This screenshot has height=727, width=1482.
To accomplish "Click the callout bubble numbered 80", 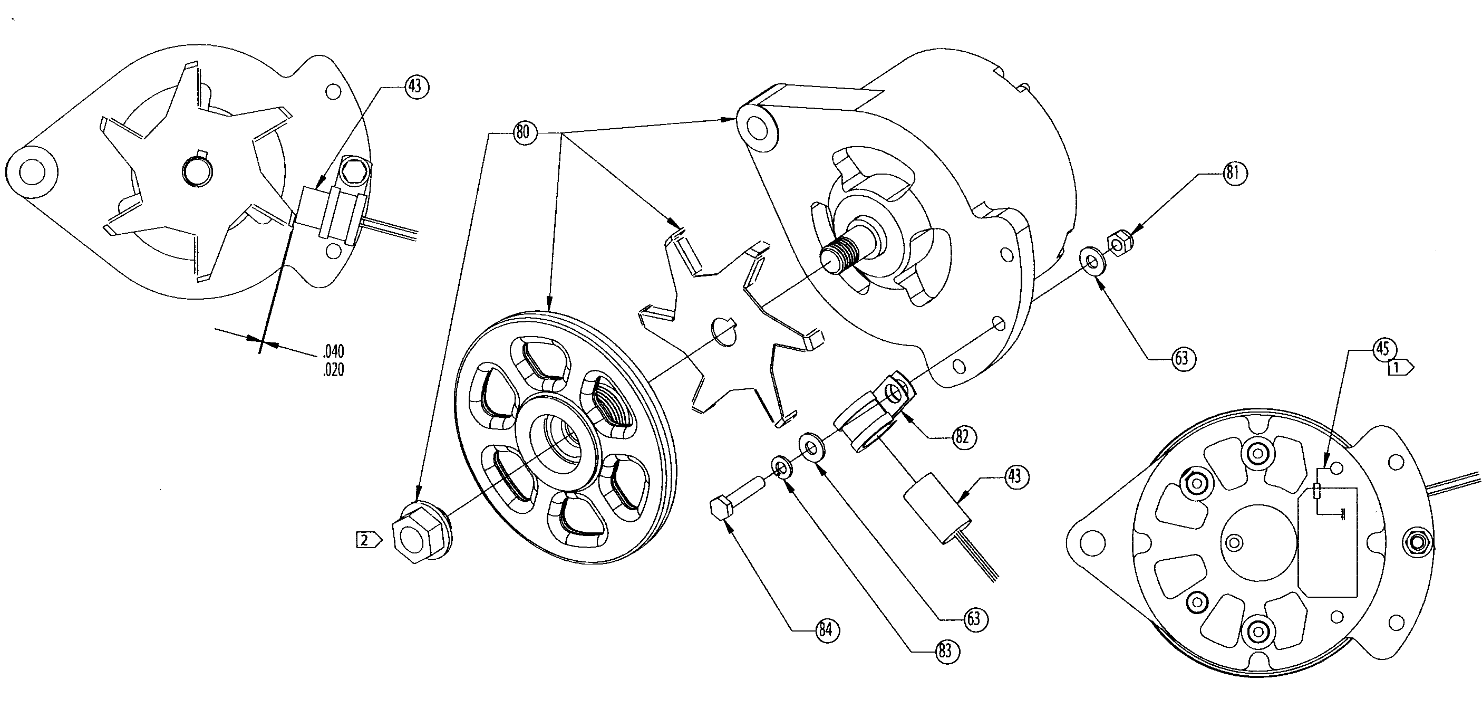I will pos(522,133).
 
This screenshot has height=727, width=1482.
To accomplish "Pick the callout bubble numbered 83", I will pos(945,651).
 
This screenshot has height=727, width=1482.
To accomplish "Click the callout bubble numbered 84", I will pos(826,630).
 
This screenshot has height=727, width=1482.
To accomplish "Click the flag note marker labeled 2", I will pos(367,540).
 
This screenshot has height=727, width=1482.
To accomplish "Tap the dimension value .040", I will pos(333,351).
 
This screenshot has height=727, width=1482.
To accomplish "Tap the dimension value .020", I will pos(333,369).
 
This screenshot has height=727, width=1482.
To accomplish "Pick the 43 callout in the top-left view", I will pos(414,87).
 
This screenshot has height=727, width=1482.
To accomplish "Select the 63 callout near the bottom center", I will pos(973,619).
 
